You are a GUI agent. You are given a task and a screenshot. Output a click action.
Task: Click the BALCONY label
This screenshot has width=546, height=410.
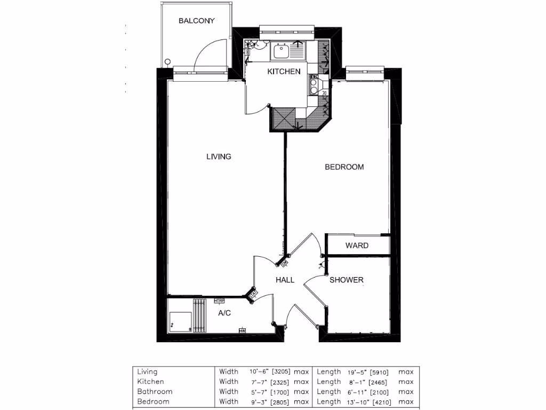(196, 21)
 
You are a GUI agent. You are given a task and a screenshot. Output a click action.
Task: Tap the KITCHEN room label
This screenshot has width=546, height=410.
(284, 72)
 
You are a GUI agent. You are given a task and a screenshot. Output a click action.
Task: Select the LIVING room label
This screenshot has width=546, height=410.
(219, 156)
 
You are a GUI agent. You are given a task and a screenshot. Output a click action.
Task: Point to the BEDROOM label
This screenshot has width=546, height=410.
(344, 167)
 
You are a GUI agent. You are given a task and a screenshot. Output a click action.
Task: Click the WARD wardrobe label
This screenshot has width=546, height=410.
(357, 246)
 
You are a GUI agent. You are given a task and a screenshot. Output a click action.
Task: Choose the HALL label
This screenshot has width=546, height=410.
(285, 280)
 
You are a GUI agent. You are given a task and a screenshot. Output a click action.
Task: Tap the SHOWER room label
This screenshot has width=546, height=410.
(346, 280)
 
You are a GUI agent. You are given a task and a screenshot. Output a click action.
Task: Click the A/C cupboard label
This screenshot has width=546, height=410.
(224, 313)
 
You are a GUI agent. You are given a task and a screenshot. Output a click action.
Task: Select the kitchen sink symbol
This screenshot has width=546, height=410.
(280, 52)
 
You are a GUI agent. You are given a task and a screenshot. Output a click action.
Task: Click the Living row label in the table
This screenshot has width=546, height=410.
(147, 372)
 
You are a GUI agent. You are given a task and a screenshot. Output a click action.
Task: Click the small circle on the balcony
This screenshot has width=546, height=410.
(168, 61)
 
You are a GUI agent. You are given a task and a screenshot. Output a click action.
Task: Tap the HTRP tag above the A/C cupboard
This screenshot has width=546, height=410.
(219, 301)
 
